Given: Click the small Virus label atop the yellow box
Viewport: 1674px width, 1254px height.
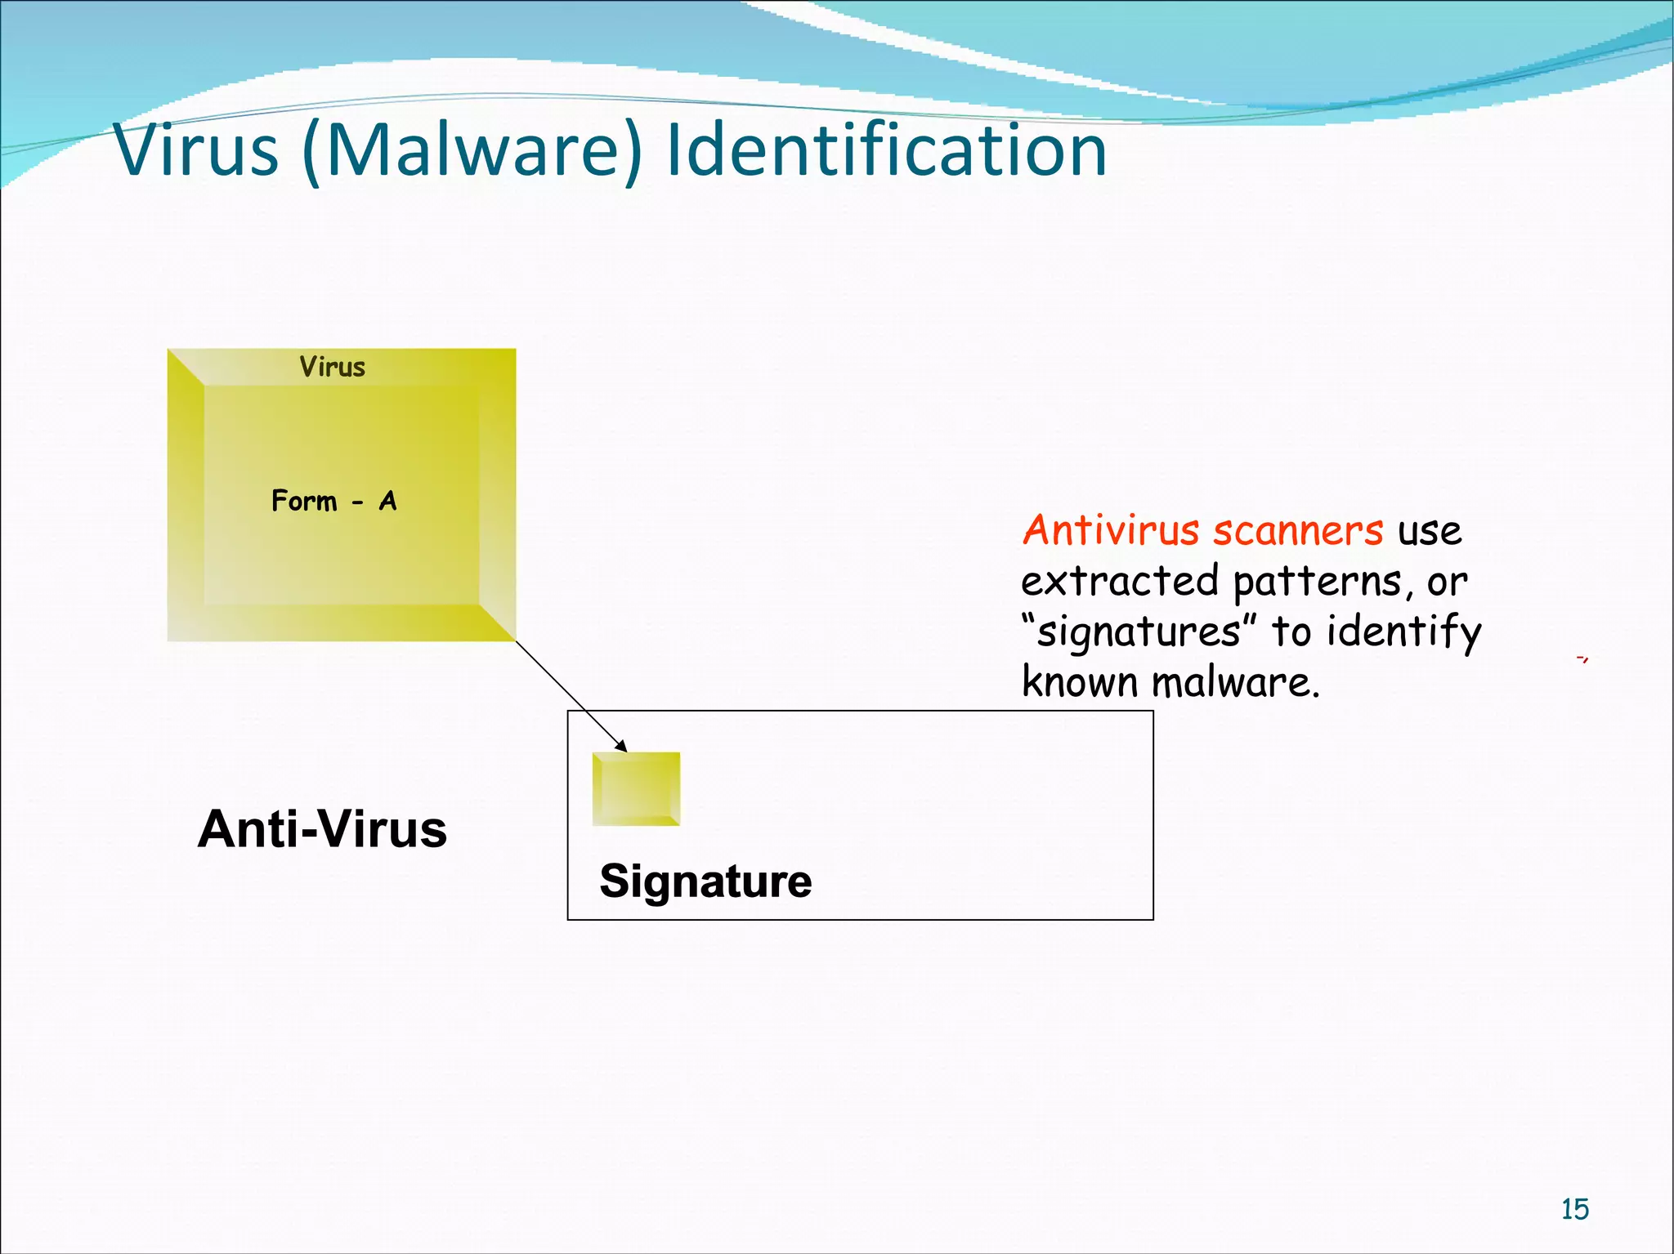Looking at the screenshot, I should coord(332,367).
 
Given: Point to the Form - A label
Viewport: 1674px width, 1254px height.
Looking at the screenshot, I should coord(333,501).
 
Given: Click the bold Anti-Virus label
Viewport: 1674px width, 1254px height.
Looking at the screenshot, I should coord(322,829).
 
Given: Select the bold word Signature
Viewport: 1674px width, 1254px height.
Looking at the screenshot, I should coord(705,881).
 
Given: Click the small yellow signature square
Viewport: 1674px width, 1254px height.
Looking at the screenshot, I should coord(636,789).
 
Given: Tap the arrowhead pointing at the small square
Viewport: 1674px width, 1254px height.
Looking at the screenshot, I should coord(622,746).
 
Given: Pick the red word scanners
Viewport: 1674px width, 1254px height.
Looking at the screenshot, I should coord(1298,531).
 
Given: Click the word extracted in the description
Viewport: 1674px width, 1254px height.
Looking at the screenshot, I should coord(1120,581).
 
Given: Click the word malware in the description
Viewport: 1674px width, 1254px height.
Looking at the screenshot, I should coord(1235,682).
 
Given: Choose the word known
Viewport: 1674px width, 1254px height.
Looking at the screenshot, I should coord(1079,682).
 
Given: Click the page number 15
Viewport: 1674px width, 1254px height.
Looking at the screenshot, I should coord(1574,1209).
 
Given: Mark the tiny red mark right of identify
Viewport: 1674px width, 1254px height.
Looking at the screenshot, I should coord(1582,658).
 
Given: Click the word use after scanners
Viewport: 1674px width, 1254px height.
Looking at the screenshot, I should coord(1429,532).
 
